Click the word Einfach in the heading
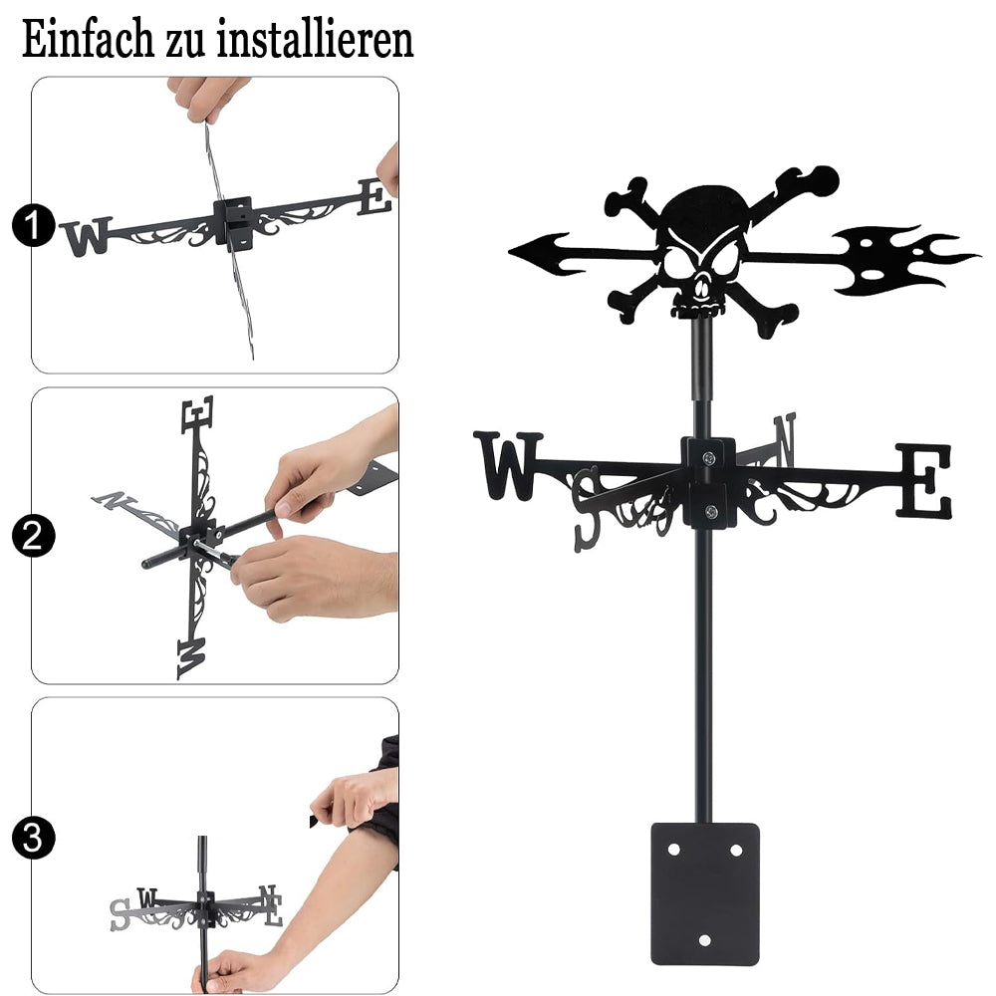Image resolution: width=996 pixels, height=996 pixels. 88,40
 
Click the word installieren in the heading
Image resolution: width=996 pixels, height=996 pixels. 316,40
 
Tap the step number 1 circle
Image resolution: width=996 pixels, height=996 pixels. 33,225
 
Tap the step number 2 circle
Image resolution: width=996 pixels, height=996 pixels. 33,536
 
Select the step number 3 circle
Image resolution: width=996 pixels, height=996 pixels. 33,838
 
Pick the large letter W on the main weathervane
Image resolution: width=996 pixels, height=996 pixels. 508,466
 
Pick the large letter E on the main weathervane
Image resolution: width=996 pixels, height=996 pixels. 924,481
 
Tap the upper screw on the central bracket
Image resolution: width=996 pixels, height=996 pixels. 709,457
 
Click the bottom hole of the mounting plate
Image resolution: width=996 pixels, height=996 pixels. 705,940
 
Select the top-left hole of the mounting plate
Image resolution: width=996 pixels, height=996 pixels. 674,850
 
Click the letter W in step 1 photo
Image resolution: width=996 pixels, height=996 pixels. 87,236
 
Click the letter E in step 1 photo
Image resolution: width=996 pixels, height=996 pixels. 374,197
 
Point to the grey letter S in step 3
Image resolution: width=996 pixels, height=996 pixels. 121,915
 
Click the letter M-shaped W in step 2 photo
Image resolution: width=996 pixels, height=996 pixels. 191,658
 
